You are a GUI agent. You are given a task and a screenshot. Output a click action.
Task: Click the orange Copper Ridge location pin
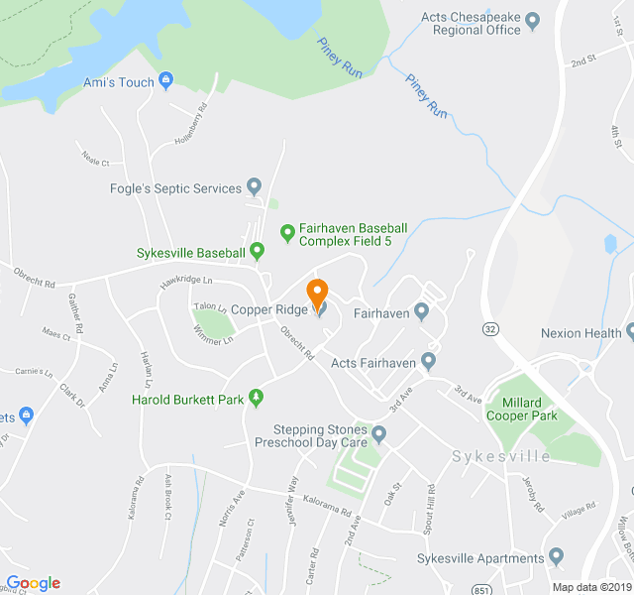coord(317,294)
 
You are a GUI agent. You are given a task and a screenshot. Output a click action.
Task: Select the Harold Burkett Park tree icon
coord(257,398)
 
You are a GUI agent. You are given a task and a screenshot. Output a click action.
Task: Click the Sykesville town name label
coord(501,456)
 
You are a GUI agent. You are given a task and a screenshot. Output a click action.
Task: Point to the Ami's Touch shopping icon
coord(165,80)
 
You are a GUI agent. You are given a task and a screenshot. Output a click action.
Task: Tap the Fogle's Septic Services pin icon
coord(254,185)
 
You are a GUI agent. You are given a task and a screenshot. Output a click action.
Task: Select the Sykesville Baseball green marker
coord(257,251)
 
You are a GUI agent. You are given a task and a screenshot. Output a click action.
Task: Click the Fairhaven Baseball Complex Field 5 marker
coord(287,233)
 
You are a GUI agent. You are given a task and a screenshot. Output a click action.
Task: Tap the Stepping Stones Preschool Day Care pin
coord(378,433)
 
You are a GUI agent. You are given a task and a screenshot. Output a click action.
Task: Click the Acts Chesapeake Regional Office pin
coord(532,19)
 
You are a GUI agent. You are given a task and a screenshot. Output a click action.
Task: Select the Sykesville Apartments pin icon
coord(555,557)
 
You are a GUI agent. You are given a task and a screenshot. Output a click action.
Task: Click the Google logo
coord(33,583)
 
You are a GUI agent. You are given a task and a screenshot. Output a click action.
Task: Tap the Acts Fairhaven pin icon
coord(428,361)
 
